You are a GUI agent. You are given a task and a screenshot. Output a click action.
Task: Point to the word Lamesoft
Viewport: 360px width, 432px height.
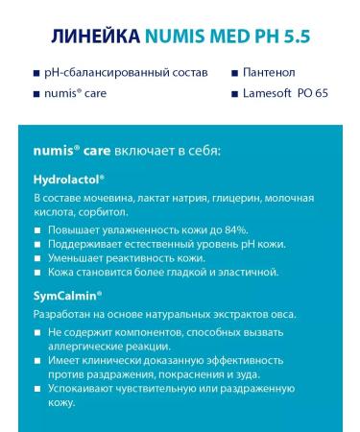click(x=274, y=93)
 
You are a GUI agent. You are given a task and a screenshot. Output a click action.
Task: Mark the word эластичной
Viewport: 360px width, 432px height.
click(x=246, y=273)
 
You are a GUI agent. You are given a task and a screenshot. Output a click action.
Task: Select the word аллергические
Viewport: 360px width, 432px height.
click(x=91, y=347)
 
